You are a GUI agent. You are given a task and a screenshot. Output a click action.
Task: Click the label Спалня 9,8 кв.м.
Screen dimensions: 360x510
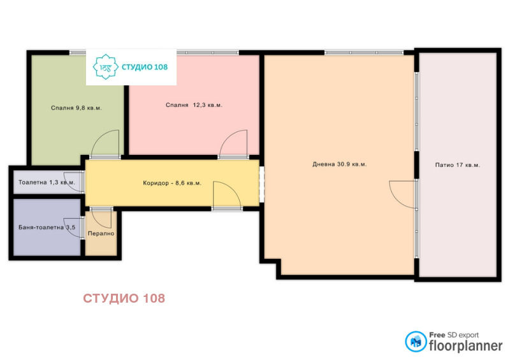(x=76, y=108)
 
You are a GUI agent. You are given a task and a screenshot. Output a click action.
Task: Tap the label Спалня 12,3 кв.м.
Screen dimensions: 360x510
(x=194, y=105)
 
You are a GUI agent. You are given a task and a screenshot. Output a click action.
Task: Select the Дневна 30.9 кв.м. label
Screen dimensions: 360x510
(x=339, y=164)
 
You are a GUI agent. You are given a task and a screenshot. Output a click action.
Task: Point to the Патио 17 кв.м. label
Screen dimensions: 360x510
(x=457, y=165)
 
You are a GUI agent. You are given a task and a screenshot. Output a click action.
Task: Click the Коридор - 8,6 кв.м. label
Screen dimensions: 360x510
(x=172, y=184)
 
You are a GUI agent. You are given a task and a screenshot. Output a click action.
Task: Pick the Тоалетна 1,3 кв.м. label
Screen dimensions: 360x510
(x=47, y=183)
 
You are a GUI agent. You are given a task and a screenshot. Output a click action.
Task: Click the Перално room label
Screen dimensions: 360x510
(x=101, y=234)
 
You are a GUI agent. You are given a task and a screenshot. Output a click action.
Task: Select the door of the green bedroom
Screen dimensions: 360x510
(x=106, y=144)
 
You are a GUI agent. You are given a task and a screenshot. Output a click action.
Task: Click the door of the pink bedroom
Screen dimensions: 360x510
(x=234, y=144)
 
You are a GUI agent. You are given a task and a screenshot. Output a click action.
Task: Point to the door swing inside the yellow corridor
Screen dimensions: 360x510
(x=226, y=194)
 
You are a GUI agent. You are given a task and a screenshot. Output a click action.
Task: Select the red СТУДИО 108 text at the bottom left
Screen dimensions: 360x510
(x=124, y=298)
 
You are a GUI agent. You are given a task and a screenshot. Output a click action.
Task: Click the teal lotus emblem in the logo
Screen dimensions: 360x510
(x=103, y=66)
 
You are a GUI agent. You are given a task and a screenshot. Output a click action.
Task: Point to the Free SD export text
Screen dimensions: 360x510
(x=453, y=333)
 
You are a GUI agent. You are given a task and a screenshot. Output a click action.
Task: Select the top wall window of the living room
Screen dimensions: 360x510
(x=363, y=52)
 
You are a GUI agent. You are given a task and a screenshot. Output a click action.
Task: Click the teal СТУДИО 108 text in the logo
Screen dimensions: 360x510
(x=144, y=67)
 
